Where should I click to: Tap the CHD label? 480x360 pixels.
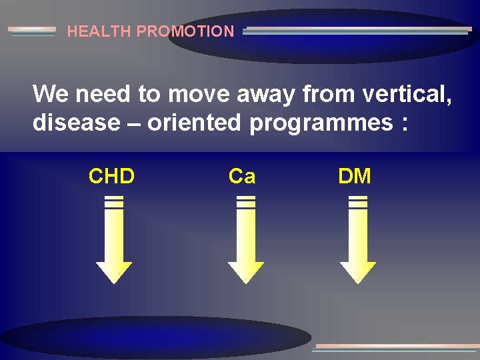[x=111, y=177]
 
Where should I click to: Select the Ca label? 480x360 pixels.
[x=241, y=177]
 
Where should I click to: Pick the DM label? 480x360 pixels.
[x=355, y=177]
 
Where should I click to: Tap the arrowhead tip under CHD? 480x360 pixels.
[x=114, y=280]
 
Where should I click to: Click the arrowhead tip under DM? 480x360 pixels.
[x=358, y=280]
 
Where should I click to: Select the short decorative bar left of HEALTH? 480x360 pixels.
[x=31, y=31]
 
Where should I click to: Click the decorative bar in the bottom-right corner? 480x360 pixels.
[x=397, y=347]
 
